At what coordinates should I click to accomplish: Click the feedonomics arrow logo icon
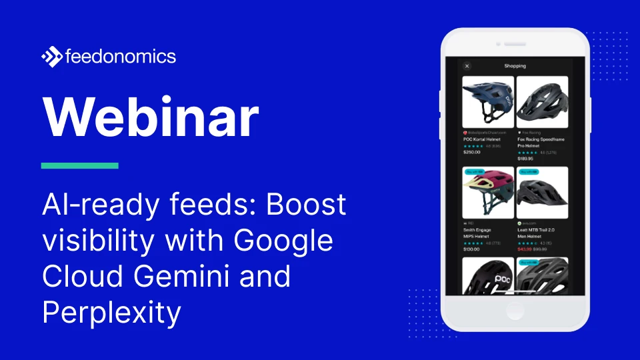pos(52,57)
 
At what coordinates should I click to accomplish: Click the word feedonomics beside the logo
pos(121,57)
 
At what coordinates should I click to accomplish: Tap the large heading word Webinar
pos(150,118)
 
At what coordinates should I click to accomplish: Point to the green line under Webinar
pos(79,165)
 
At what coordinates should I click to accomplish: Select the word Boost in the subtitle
pos(307,205)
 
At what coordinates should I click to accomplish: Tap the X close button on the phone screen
pos(467,66)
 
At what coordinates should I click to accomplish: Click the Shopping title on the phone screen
pos(515,66)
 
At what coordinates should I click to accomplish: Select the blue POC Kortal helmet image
pos(488,101)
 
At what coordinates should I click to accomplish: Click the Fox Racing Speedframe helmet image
pos(542,101)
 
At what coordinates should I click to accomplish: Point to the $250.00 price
pos(471,152)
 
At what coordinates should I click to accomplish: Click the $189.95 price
pos(526,158)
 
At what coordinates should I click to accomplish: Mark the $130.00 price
pos(471,249)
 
